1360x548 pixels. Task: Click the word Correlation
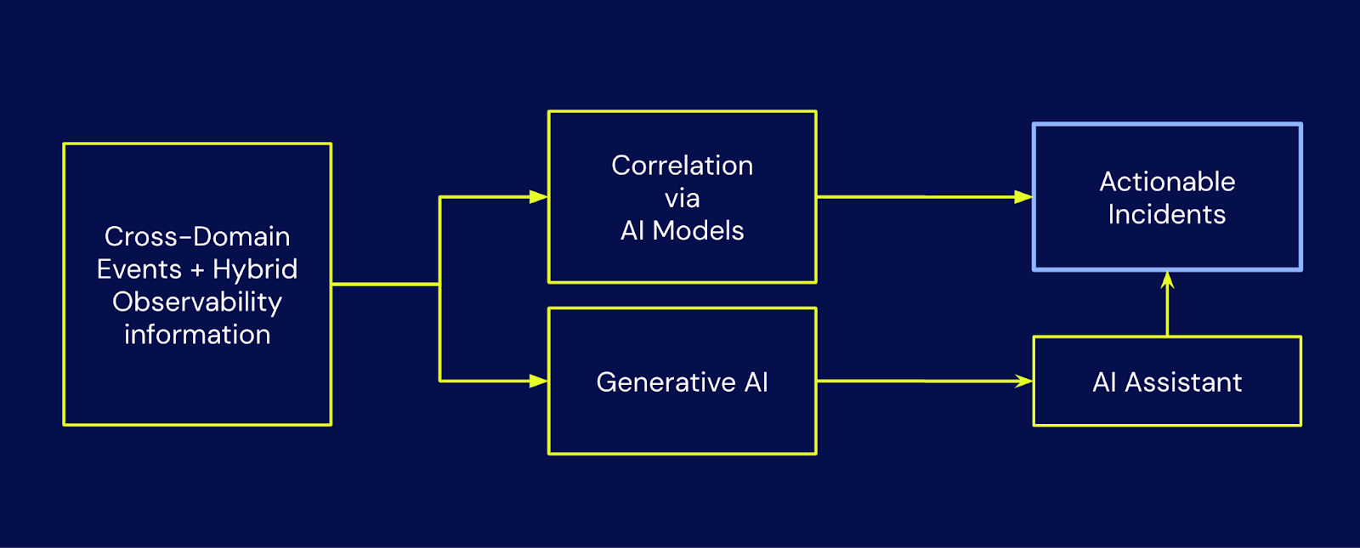pos(682,165)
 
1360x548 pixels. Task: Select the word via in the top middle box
pos(682,199)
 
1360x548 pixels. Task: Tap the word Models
pos(698,230)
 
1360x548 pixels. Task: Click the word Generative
pos(666,382)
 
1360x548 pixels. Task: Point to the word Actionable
pos(1167,182)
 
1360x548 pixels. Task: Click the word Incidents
pos(1167,214)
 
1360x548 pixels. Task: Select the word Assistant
pos(1183,382)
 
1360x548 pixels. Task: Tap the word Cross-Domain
pos(197,236)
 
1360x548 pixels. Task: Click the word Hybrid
pos(255,268)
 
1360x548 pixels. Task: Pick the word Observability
pos(197,302)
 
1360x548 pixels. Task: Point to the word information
pos(197,335)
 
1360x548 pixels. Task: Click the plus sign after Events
pos(197,270)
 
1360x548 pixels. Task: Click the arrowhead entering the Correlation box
pos(539,196)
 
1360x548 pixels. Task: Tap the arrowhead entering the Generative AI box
pos(539,381)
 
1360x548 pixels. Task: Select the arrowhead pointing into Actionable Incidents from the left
pos(1023,196)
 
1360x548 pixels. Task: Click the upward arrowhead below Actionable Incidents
pos(1167,280)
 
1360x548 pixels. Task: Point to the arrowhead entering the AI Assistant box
pos(1023,381)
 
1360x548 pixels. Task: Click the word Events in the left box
pos(139,268)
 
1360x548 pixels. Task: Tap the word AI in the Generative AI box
pos(756,382)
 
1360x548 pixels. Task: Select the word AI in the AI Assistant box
pos(1104,382)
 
